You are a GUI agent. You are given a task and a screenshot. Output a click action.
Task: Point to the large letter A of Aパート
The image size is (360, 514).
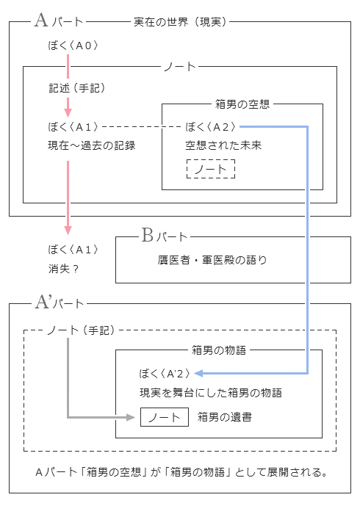click(x=41, y=21)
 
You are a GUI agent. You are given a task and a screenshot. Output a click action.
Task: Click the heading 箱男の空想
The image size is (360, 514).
click(x=240, y=104)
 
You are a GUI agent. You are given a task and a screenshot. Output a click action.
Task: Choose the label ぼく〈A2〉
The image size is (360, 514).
click(x=212, y=126)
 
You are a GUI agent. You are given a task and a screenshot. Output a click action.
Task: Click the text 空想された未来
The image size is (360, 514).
click(x=223, y=145)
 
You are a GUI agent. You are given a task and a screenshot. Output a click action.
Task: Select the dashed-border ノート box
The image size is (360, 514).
click(x=211, y=170)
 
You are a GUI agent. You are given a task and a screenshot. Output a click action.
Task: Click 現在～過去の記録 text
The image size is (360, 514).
click(x=91, y=145)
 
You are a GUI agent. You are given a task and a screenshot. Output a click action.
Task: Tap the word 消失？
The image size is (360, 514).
click(x=63, y=268)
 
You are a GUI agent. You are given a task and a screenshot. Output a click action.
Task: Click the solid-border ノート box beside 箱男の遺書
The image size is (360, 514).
click(x=165, y=417)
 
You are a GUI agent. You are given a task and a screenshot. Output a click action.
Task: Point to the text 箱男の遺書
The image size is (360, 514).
click(x=225, y=417)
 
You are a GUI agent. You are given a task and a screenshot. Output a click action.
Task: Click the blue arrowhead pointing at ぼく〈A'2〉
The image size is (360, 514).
click(x=198, y=373)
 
